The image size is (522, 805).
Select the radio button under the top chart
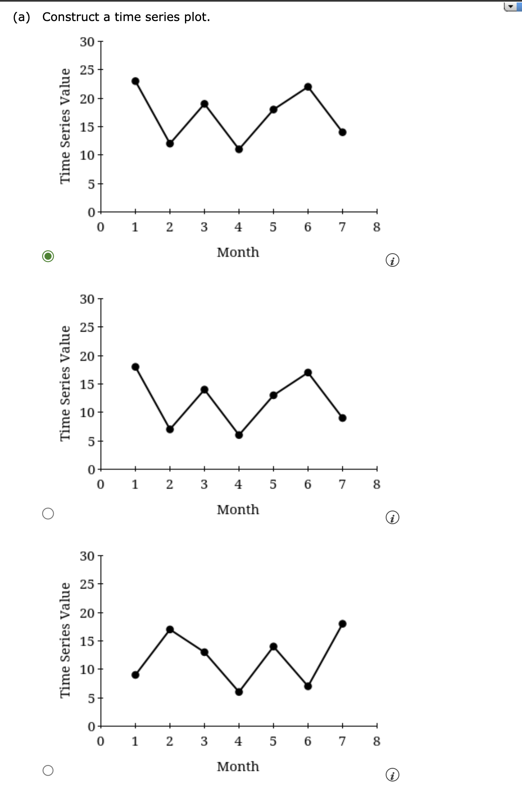48,256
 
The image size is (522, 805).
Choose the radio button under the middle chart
48,513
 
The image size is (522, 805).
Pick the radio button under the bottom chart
48,770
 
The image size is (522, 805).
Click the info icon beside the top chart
392,261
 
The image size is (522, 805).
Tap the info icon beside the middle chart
392,518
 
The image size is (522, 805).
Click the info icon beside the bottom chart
392,775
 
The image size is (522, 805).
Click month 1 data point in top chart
135,81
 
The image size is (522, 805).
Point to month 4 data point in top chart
239,149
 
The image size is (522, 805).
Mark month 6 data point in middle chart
308,372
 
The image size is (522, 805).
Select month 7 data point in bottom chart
342,624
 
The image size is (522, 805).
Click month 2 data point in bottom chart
170,629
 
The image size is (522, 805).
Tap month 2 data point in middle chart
170,429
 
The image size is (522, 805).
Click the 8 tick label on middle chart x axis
377,484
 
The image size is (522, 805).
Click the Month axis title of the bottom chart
238,767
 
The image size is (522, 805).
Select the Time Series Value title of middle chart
65,383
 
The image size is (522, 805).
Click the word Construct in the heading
71,17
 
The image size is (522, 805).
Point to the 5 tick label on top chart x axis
273,227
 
